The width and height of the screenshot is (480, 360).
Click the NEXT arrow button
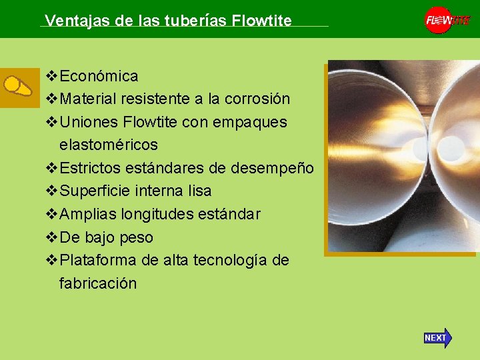(x=437, y=338)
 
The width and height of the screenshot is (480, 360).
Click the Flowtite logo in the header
(x=448, y=20)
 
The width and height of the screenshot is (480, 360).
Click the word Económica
(x=99, y=77)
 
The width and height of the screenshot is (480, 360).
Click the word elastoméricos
(x=109, y=145)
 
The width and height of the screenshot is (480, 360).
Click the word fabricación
(x=98, y=283)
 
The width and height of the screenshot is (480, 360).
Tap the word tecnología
(x=231, y=260)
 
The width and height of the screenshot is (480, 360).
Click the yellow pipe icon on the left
(x=18, y=87)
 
